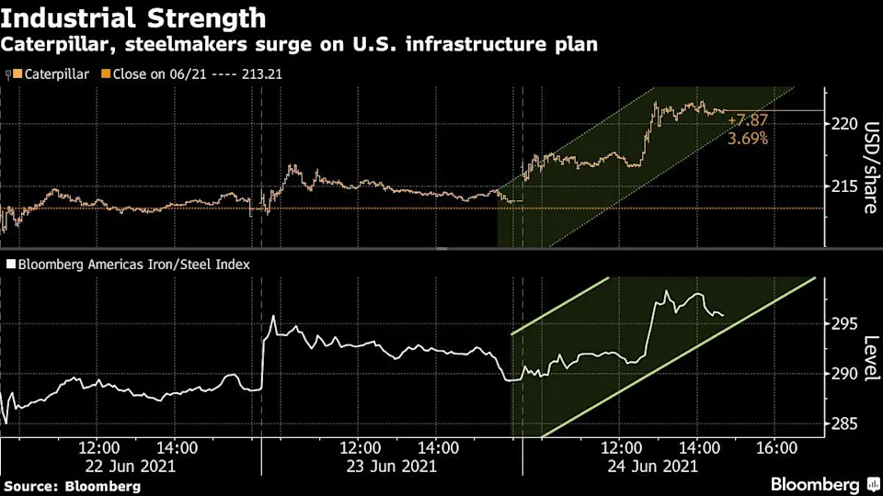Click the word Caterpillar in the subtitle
(54, 45)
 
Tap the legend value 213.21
(260, 73)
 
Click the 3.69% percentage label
(748, 139)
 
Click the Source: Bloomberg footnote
(72, 485)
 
